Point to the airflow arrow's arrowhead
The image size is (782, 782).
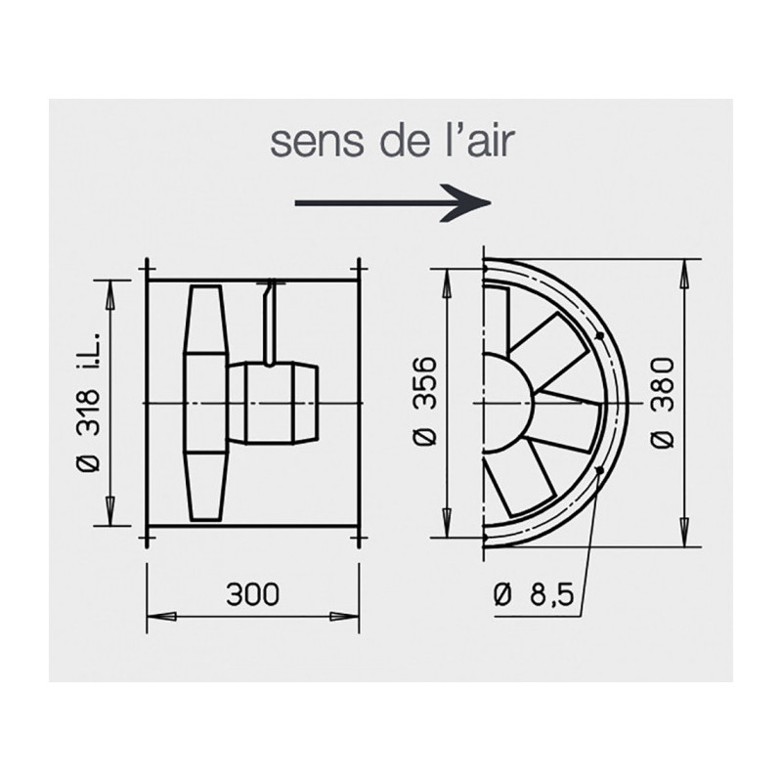(476, 202)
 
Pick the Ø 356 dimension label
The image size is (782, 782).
(426, 403)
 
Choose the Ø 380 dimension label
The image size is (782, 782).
(663, 403)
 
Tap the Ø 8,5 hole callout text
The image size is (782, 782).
(534, 594)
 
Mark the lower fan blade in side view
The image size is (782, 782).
(206, 484)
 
